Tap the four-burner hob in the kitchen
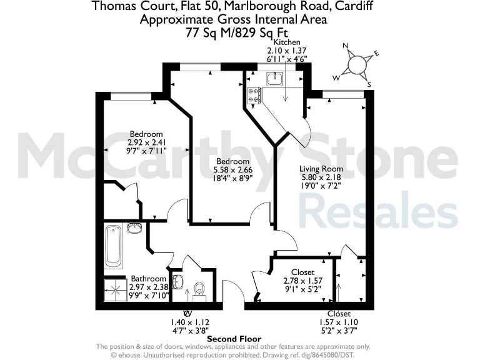click(x=255, y=96)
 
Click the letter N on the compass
click(x=345, y=46)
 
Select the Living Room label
click(x=321, y=169)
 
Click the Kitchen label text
click(x=279, y=42)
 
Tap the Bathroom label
click(x=149, y=279)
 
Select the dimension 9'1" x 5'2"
click(x=303, y=289)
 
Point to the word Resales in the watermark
click(x=378, y=209)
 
